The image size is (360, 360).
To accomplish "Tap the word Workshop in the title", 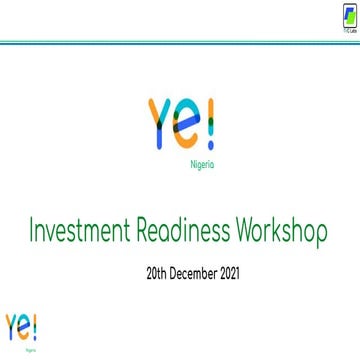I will pos(282,233).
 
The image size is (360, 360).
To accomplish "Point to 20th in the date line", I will pos(158,271).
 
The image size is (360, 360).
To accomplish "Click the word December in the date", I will pos(198,271).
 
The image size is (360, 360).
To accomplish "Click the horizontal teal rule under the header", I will pos(180,42).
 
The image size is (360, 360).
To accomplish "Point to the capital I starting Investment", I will pos(34,233).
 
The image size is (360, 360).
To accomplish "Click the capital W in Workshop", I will pos(246,233).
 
